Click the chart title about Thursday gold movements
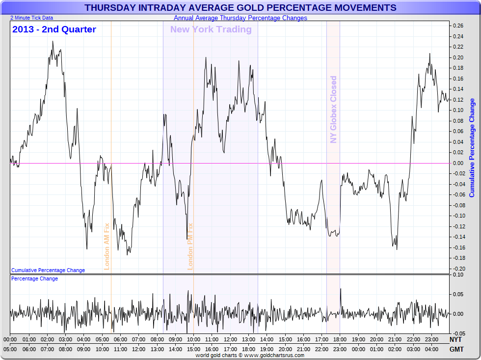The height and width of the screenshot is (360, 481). (240, 8)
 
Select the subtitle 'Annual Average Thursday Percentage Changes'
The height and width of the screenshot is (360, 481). (240, 18)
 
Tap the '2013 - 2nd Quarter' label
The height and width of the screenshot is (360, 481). (54, 29)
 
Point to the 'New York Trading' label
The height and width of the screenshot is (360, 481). (211, 29)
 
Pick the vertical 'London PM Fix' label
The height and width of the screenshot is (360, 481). (190, 247)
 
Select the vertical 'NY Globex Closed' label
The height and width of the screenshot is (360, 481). (334, 110)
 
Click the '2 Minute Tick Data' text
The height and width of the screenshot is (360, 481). (31, 18)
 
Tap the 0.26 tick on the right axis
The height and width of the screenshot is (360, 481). (457, 26)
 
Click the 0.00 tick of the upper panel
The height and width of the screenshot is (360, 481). (457, 163)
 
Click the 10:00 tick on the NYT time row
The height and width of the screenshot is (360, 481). (193, 339)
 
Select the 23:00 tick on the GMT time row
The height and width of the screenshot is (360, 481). (340, 349)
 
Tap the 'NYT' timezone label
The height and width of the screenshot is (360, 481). (455, 339)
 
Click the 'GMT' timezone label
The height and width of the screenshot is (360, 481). (455, 349)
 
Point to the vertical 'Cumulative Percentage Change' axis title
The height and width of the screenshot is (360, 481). (472, 148)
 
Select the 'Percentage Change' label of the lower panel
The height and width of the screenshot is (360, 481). (34, 279)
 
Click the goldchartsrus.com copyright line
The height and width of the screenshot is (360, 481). (250, 355)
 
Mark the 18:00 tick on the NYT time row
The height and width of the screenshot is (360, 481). (340, 339)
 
